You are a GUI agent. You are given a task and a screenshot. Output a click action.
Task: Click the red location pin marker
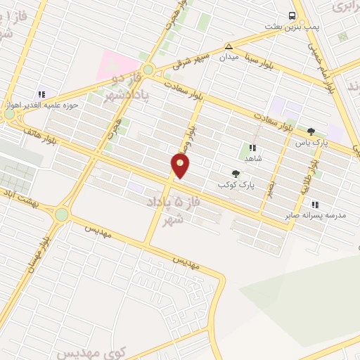180,166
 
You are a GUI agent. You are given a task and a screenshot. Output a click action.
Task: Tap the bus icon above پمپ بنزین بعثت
292,15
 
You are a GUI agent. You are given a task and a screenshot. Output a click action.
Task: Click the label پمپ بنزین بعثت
292,26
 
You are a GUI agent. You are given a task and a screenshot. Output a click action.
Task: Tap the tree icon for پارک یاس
311,131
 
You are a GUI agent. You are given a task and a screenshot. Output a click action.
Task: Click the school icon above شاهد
252,148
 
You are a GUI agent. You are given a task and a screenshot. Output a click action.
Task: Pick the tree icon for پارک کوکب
236,174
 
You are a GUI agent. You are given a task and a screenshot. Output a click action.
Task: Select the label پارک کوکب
236,184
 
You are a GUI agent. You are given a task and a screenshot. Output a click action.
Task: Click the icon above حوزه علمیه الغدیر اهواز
41,94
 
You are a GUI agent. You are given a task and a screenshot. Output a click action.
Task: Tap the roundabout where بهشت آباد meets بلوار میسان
62,214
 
